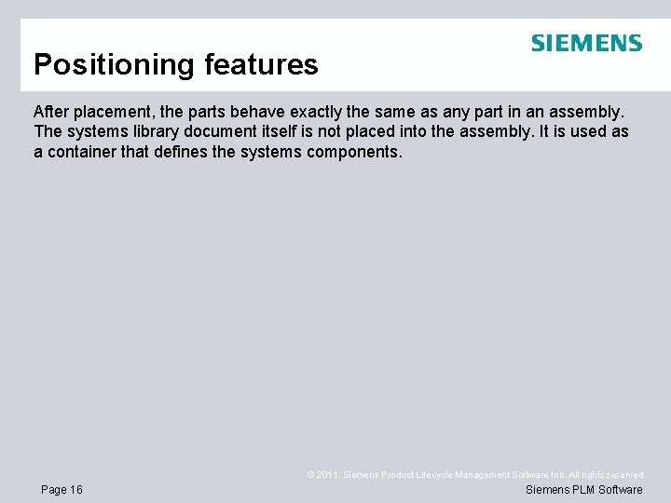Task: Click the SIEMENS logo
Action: [586, 43]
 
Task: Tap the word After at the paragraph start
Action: [51, 111]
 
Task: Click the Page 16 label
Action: [62, 490]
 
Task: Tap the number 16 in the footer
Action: [75, 490]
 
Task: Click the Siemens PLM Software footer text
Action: [584, 490]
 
